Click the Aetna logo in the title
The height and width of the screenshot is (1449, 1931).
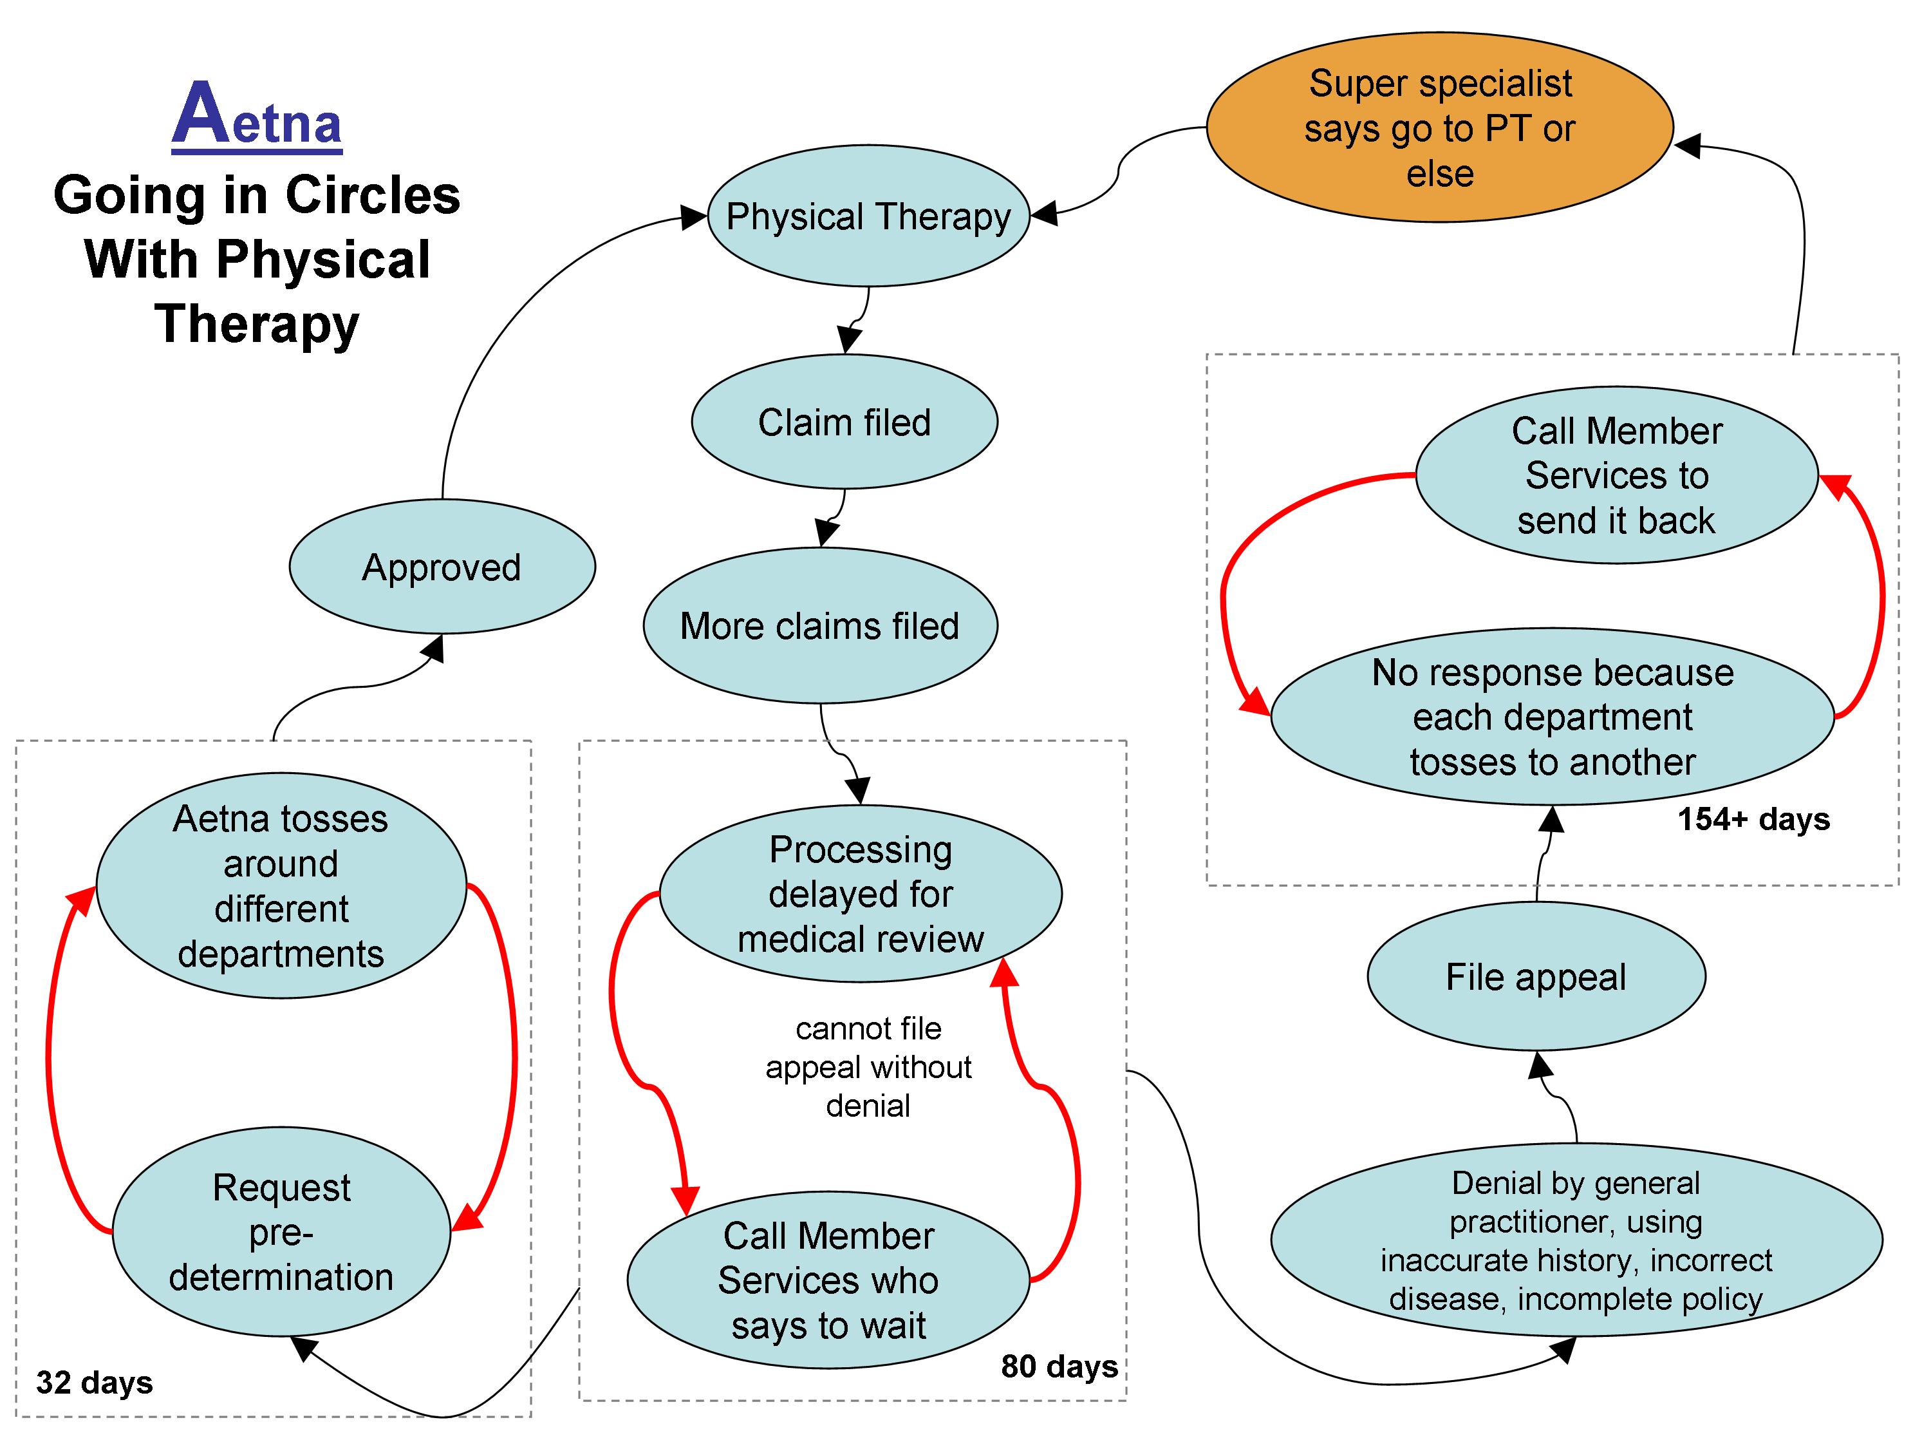pyautogui.click(x=257, y=115)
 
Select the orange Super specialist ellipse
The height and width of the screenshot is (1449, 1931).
pyautogui.click(x=1439, y=128)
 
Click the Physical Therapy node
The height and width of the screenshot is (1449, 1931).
pyautogui.click(x=868, y=216)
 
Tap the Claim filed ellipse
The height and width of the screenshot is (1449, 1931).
pyautogui.click(x=844, y=422)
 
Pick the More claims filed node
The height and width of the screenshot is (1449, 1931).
pyautogui.click(x=820, y=625)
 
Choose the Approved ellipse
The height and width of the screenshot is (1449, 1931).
pyautogui.click(x=442, y=567)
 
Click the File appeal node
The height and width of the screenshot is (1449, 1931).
pyautogui.click(x=1536, y=976)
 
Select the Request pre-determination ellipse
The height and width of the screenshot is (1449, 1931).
pyautogui.click(x=281, y=1231)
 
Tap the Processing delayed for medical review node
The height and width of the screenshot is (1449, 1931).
pyautogui.click(x=860, y=893)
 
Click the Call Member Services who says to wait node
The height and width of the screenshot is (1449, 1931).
pyautogui.click(x=828, y=1280)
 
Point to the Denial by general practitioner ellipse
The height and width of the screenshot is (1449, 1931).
pyautogui.click(x=1576, y=1240)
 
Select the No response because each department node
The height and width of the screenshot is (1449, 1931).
pyautogui.click(x=1552, y=716)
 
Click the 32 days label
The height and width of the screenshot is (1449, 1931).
pyautogui.click(x=94, y=1383)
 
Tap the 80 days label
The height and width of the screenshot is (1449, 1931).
pyautogui.click(x=1059, y=1366)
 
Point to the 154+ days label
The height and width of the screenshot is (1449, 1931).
pyautogui.click(x=1754, y=819)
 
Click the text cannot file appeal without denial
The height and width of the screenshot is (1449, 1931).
pyautogui.click(x=868, y=1066)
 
